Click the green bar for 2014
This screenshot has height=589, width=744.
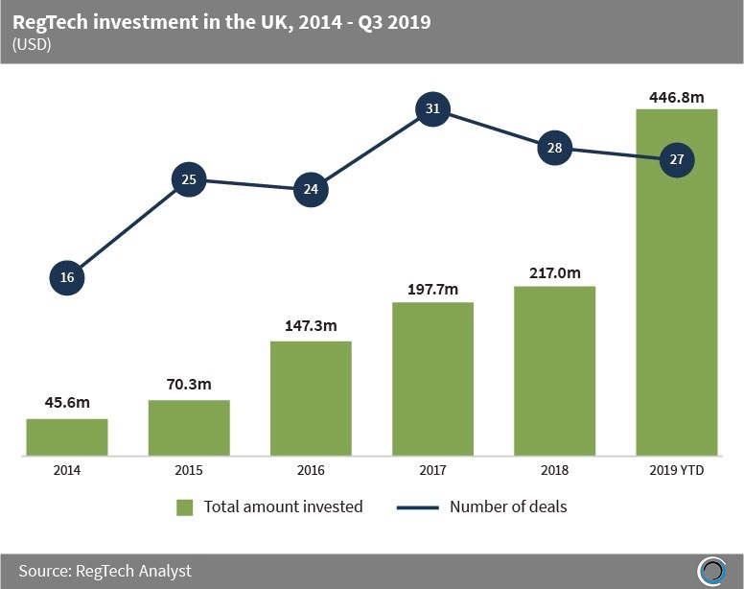(67, 436)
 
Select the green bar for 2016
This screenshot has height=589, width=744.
(311, 397)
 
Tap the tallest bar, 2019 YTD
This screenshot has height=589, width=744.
(677, 288)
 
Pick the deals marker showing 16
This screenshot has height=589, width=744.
(66, 278)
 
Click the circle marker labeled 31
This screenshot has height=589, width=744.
(432, 109)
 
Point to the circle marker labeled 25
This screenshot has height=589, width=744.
(189, 179)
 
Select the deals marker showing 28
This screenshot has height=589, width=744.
(554, 149)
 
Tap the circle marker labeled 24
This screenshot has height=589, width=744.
(311, 189)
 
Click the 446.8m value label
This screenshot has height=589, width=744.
(677, 95)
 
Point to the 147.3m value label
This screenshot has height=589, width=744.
(311, 326)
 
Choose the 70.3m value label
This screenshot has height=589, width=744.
(189, 386)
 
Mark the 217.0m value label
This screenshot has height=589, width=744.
(554, 272)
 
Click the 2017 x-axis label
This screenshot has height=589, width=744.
(432, 470)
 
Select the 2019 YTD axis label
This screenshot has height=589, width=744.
(677, 470)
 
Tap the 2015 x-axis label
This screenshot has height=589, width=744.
(189, 470)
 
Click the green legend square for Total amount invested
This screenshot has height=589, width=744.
(185, 507)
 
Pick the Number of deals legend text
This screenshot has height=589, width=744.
(508, 507)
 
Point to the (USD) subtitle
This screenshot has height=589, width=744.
(33, 45)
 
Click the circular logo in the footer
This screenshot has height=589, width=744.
(711, 570)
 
